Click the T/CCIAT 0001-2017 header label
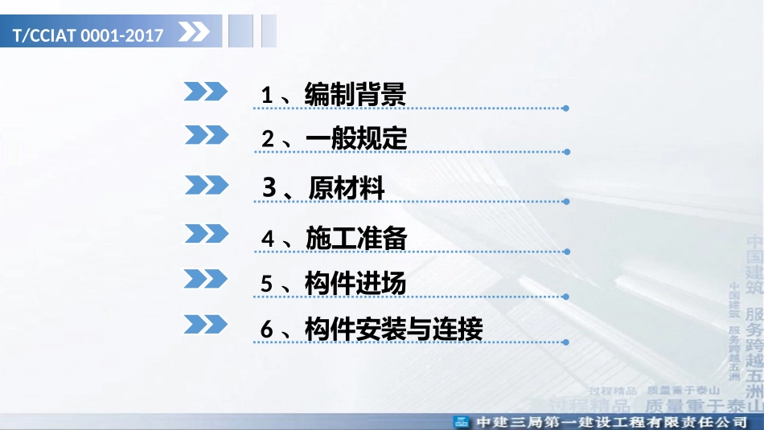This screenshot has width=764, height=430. tap(88, 35)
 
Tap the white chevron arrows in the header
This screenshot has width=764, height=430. tap(194, 33)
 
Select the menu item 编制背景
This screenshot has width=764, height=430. tap(355, 95)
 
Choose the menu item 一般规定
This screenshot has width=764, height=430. tap(356, 138)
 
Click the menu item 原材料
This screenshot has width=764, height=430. tap(347, 188)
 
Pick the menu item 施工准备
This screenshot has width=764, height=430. tap(356, 239)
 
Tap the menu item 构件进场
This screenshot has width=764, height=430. tap(355, 284)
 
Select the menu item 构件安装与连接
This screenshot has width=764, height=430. tap(393, 329)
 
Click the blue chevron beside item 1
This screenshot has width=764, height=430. tap(206, 91)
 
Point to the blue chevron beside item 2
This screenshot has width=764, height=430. tap(206, 134)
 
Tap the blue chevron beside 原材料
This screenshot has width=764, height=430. tap(206, 185)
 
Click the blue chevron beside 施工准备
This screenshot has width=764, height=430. tap(206, 234)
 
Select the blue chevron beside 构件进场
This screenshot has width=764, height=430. tap(206, 279)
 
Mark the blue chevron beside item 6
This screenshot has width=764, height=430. tap(206, 324)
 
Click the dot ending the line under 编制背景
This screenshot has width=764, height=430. tap(566, 108)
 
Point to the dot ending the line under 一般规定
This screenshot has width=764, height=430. tap(566, 150)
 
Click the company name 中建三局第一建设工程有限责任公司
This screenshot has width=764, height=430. tap(610, 422)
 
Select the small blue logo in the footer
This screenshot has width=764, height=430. tap(462, 422)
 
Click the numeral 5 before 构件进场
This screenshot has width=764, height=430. tap(268, 285)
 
